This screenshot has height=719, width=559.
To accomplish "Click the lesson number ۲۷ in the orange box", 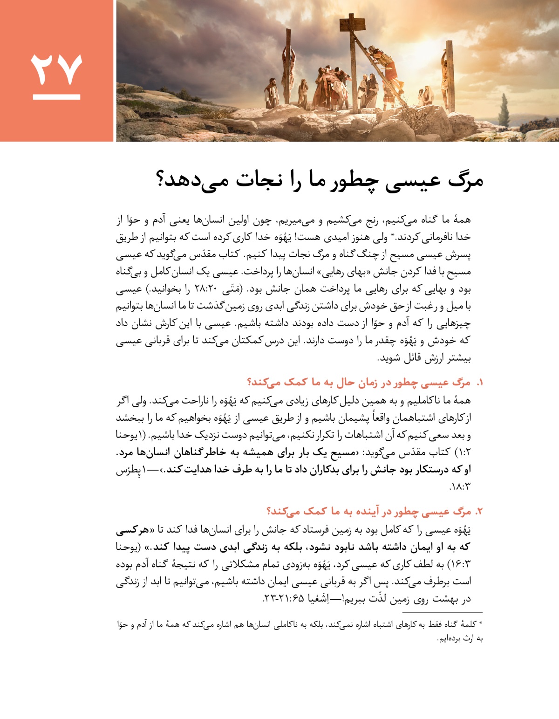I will (56, 69).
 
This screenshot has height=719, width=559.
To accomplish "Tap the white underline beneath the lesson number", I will (56, 97).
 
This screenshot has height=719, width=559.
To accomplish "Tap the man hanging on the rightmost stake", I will (448, 70).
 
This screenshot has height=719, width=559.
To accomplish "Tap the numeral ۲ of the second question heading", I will (479, 512).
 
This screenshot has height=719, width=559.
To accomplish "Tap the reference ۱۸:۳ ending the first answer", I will (460, 487).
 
